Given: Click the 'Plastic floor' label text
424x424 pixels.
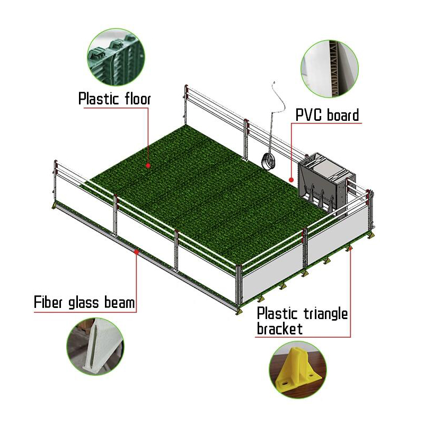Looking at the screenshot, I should (x=114, y=99).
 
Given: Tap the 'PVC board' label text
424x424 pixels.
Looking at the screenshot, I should (x=327, y=115).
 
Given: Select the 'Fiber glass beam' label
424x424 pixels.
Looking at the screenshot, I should (x=84, y=303).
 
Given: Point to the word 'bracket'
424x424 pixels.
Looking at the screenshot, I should (x=279, y=329).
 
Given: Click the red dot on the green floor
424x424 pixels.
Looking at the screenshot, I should (x=149, y=165).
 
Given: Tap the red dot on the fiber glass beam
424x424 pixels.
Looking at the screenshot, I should (x=137, y=252).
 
